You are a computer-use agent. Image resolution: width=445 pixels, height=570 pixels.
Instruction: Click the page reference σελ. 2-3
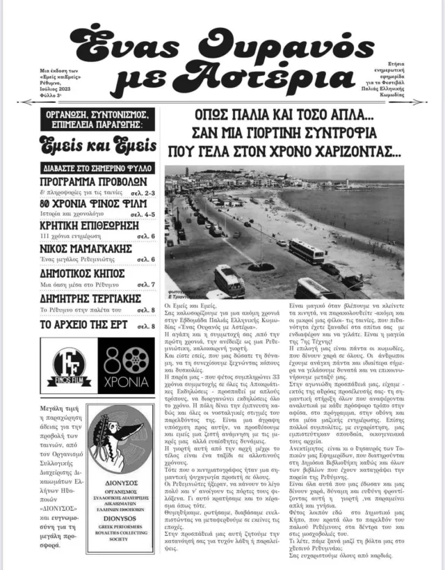coord(143,192)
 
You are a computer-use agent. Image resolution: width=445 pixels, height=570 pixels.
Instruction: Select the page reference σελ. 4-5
coord(143,215)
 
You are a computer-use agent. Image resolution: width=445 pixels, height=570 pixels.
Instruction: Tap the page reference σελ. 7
coord(145,284)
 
